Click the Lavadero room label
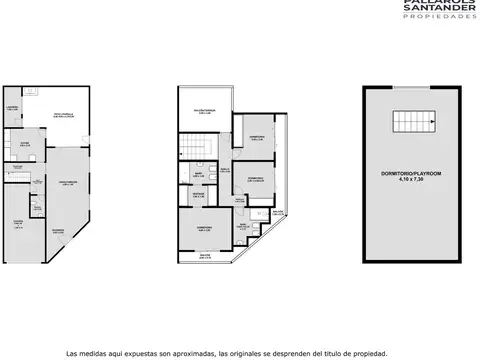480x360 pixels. (x=13, y=106)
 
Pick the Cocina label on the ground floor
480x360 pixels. (x=22, y=145)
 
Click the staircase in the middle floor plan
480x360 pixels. (x=196, y=147)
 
